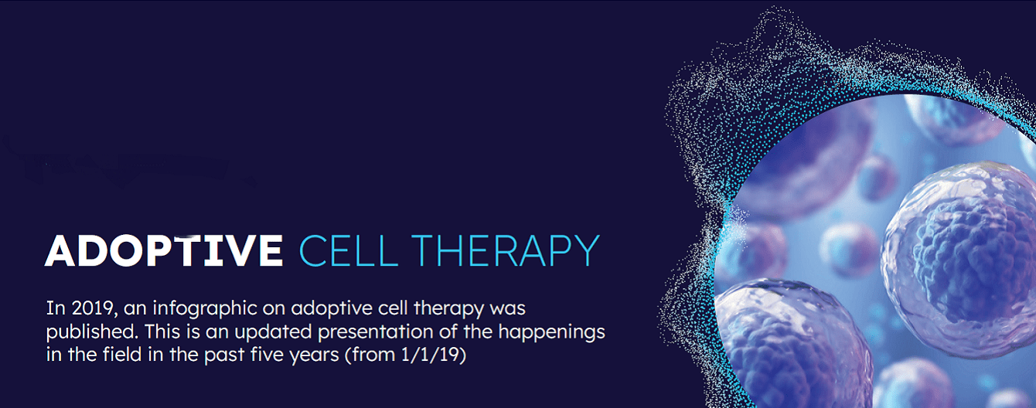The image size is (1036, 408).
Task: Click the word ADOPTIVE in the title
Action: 164,250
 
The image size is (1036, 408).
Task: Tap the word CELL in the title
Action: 349,250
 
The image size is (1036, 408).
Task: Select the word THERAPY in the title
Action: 506,250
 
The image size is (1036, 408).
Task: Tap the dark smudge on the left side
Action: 125,167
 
